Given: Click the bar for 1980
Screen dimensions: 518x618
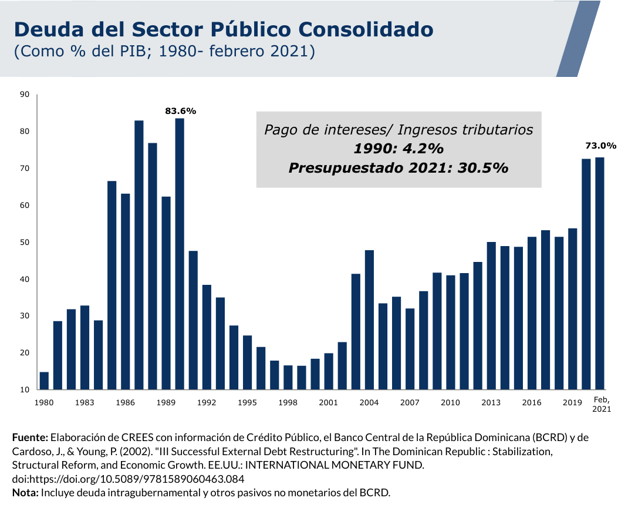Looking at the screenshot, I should point(44,381).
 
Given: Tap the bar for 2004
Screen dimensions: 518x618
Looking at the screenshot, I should point(369,319).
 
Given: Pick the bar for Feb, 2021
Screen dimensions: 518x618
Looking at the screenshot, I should point(600,273).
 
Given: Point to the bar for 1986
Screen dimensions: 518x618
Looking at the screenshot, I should point(126,291).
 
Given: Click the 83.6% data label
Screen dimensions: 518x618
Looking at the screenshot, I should point(180,110).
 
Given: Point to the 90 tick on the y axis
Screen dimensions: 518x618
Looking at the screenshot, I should point(25,95).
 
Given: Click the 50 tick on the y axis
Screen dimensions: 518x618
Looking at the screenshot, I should point(25,243).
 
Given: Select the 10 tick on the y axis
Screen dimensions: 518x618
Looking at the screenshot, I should point(25,390).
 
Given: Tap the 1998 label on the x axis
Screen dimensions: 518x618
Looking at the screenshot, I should point(288,402).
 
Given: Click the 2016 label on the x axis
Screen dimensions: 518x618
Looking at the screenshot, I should point(532,402).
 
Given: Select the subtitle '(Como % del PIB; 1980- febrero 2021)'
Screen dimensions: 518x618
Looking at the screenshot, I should point(165,52).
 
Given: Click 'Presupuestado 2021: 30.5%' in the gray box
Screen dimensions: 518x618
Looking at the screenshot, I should point(398,167).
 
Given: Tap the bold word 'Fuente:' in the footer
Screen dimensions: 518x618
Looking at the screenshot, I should point(30,438).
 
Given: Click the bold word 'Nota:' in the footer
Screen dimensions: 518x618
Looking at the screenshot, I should point(25,492).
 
